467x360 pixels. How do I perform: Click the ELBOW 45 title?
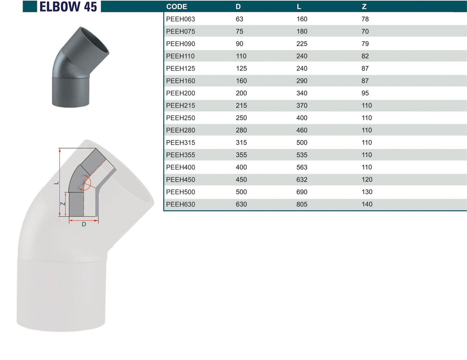(x=68, y=7)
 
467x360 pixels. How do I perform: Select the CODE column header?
(x=176, y=7)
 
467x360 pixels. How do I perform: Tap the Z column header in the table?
(x=364, y=7)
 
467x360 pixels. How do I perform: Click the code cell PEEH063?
(x=181, y=19)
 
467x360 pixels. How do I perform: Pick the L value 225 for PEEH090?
(x=302, y=44)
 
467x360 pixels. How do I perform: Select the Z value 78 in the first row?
(x=365, y=19)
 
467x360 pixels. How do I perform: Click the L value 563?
(x=302, y=167)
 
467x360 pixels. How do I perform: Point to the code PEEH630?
(x=181, y=204)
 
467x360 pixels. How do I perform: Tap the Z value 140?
(x=367, y=204)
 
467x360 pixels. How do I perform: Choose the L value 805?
(x=302, y=204)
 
